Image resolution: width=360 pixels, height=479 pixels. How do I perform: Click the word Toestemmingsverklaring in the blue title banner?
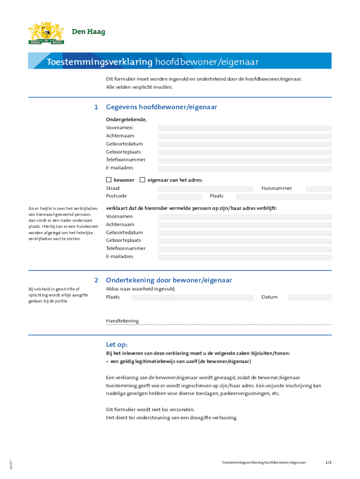coord(100,62)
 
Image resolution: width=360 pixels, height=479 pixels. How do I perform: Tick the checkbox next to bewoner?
coord(109,180)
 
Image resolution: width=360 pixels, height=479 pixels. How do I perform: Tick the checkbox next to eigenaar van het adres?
coord(143,180)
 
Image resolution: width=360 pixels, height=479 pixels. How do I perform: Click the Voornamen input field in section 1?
coord(245,128)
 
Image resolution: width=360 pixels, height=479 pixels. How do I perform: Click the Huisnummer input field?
coord(318,189)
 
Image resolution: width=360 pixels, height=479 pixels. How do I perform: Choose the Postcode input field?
coord(180,196)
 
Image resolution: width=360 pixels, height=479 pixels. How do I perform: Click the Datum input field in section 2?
coord(309,298)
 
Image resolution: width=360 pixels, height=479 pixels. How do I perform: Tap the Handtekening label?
coord(122,321)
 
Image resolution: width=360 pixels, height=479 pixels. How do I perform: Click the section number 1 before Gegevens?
coord(96,107)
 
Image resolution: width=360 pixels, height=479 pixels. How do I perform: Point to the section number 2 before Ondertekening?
coord(96,280)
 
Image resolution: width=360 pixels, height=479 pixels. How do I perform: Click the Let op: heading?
coord(116,345)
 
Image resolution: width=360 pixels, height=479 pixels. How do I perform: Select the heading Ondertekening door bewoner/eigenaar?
coord(169,280)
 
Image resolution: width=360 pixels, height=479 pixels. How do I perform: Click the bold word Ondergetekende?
coord(126,120)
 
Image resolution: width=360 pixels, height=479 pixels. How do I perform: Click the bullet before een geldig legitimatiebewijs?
coord(107,362)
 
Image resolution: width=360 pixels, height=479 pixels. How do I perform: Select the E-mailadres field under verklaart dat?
coord(245,257)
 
